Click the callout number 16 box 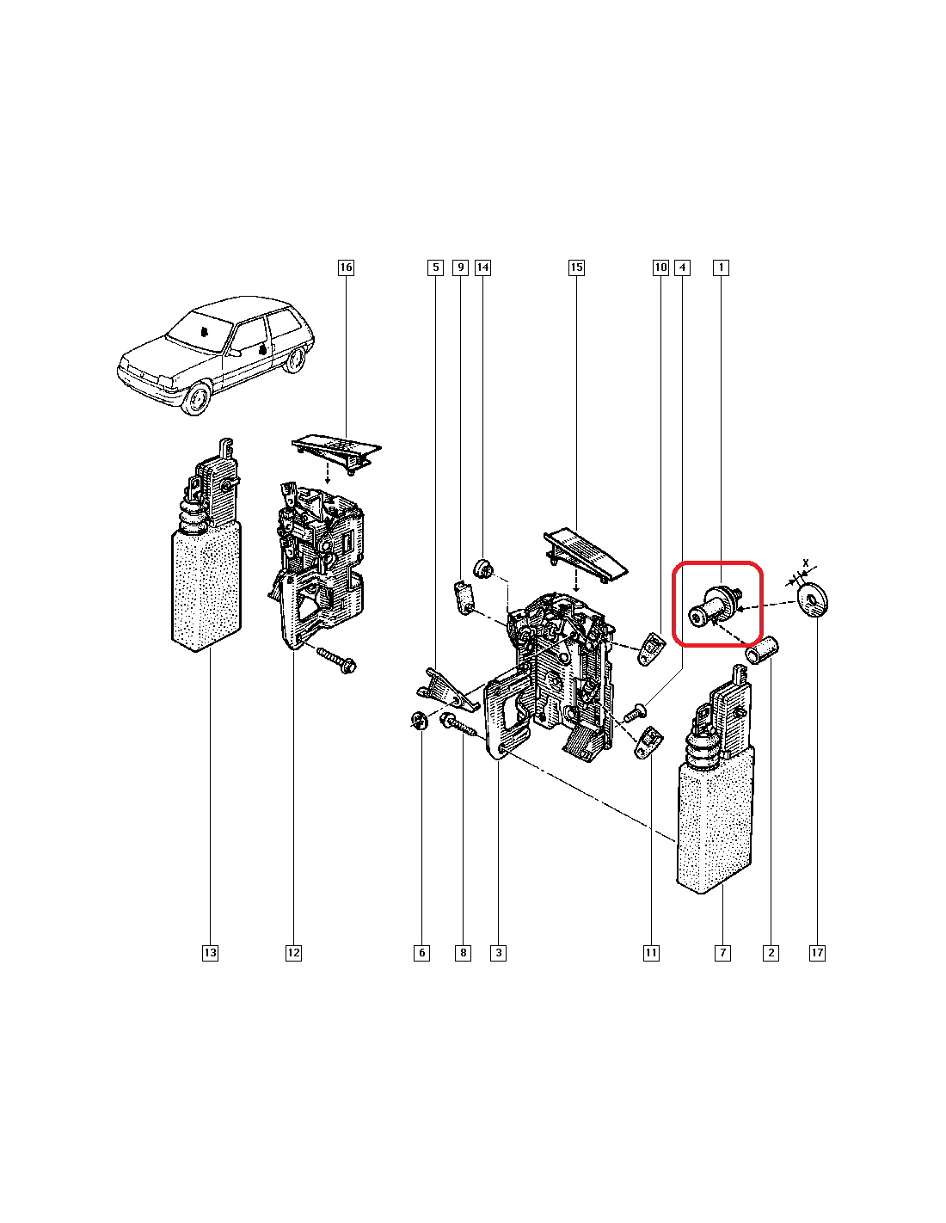(x=346, y=267)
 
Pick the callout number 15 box (x=576, y=267)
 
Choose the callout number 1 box (x=721, y=267)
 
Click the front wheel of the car (x=198, y=397)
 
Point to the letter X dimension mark (x=806, y=562)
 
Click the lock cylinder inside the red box (x=714, y=605)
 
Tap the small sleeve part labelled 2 (x=761, y=649)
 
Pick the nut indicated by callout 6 (x=418, y=720)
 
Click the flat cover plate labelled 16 (x=336, y=452)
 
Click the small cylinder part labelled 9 (x=464, y=598)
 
